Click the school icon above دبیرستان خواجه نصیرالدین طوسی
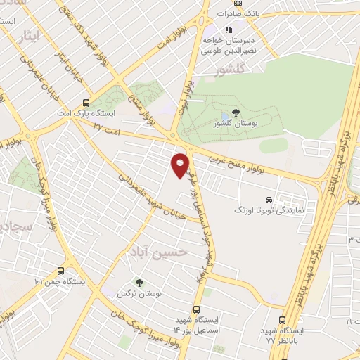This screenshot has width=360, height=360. pos(228,30)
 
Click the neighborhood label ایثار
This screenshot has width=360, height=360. pos(34,34)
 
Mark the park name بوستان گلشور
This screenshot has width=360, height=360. pos(233,124)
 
